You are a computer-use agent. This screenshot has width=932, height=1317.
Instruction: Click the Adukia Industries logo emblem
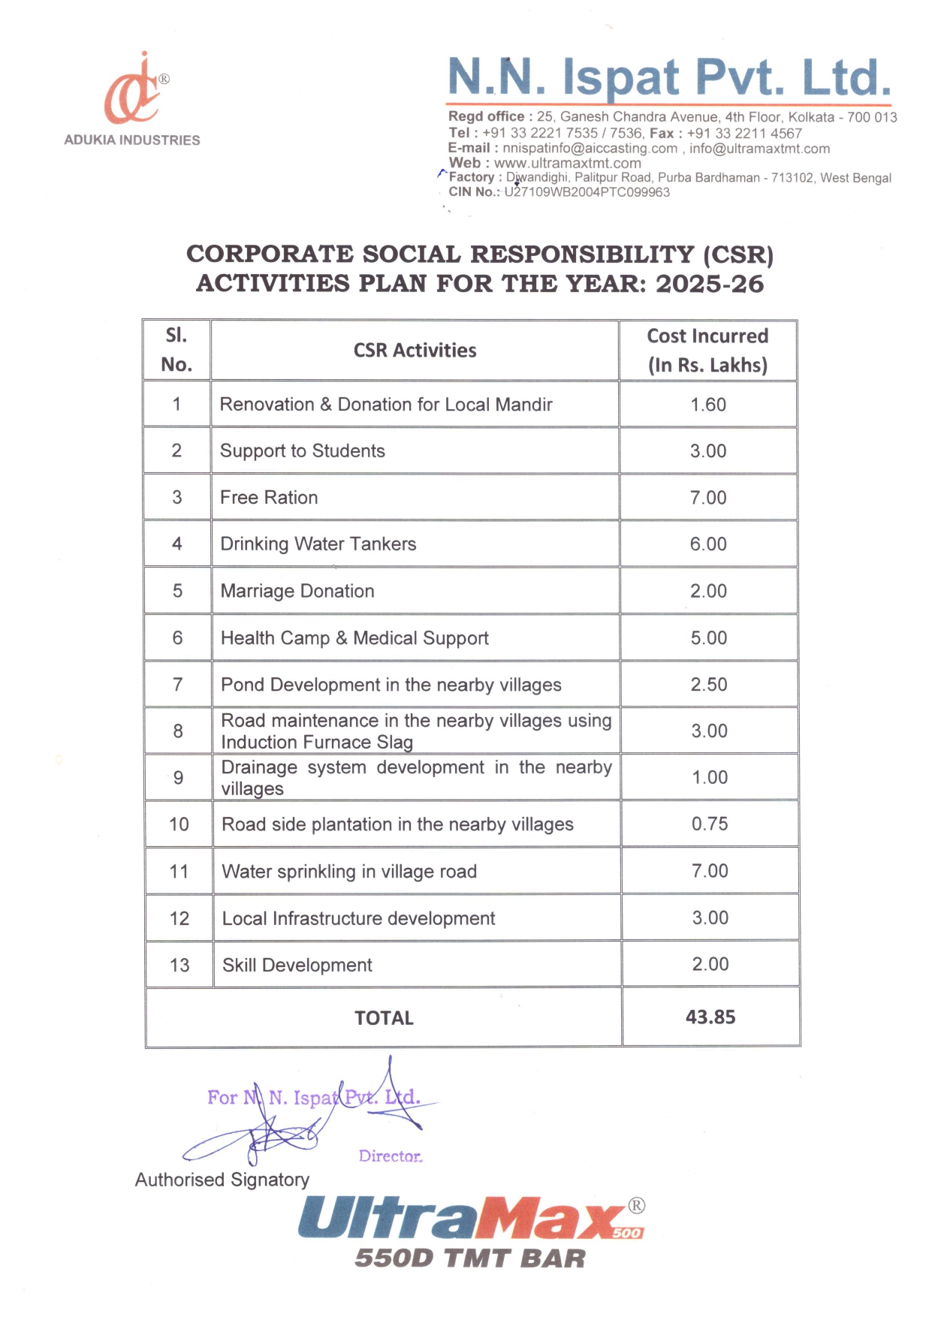134,92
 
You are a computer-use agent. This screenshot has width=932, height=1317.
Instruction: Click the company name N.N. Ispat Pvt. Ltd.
668,77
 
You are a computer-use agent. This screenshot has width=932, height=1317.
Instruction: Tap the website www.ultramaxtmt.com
567,163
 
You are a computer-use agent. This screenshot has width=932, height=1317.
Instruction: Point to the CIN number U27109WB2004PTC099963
587,192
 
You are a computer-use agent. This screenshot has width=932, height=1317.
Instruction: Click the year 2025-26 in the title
709,284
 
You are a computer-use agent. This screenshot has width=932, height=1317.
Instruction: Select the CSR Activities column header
415,351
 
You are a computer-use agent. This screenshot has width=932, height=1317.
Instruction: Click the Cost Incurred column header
707,350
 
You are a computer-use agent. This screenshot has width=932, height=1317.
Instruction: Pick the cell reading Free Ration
269,497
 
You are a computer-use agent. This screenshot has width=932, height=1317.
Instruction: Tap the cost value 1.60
708,405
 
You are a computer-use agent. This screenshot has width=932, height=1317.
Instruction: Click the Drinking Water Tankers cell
318,544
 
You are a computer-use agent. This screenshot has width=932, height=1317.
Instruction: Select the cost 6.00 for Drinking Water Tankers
708,544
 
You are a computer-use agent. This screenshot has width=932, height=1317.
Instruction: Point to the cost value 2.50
709,684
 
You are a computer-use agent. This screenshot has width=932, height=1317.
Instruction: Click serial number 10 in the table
179,824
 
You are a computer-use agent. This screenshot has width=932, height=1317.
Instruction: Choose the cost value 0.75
710,824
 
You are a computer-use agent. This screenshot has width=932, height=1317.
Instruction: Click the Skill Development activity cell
297,965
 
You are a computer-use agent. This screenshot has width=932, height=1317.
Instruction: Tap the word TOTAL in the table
384,1018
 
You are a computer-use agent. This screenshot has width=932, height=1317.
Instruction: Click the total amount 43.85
710,1017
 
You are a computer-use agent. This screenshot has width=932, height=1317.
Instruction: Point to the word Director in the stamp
390,1156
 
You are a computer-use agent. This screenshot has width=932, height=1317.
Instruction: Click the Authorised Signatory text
222,1180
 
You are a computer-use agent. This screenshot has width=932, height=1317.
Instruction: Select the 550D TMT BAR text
469,1258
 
